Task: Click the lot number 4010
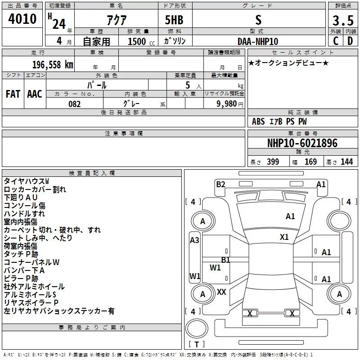click(x=22, y=19)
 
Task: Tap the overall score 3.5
click(x=343, y=20)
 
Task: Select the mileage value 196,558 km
click(x=53, y=65)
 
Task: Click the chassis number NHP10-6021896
click(x=302, y=143)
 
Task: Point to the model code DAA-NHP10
click(x=258, y=41)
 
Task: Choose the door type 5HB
click(x=174, y=20)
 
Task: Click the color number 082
click(x=75, y=104)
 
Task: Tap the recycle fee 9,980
click(x=227, y=104)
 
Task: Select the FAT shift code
click(x=13, y=94)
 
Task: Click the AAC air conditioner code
click(x=35, y=94)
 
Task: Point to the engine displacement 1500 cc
click(x=141, y=41)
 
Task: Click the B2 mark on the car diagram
click(x=220, y=184)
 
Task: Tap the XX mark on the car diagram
click(x=221, y=292)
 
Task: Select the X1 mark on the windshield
click(x=284, y=237)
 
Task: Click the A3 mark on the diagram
click(x=194, y=240)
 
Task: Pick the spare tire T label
click(x=197, y=344)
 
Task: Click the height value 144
click(x=346, y=162)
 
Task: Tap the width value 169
click(x=310, y=162)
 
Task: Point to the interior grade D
click(x=350, y=41)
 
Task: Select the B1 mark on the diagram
click(x=225, y=260)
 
